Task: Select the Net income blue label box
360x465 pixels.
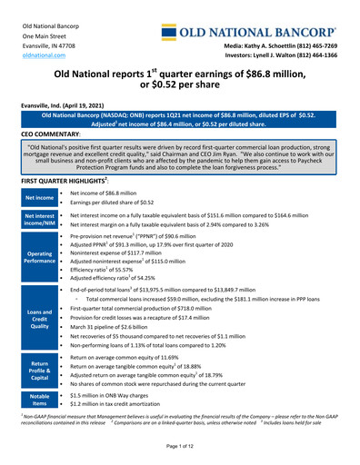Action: pyautogui.click(x=39, y=196)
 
